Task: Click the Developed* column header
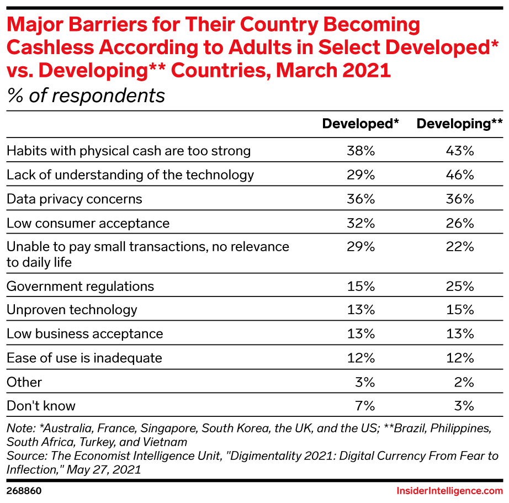tap(360, 124)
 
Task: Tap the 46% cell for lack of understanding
tap(460, 175)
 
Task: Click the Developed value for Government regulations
tap(362, 286)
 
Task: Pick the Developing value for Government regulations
tap(460, 286)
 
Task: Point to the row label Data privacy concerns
tap(74, 199)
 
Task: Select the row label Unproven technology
tap(72, 310)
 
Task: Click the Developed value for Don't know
tap(365, 406)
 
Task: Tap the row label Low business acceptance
tap(84, 334)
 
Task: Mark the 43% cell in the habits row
tap(460, 151)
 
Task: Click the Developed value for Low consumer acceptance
tap(362, 223)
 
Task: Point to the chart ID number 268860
tap(24, 490)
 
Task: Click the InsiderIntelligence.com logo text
tap(449, 490)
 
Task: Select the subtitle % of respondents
tap(86, 96)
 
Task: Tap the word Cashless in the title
tap(56, 47)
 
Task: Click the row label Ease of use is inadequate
tap(84, 358)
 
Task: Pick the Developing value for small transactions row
tap(460, 247)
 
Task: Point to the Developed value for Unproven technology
tap(362, 310)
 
